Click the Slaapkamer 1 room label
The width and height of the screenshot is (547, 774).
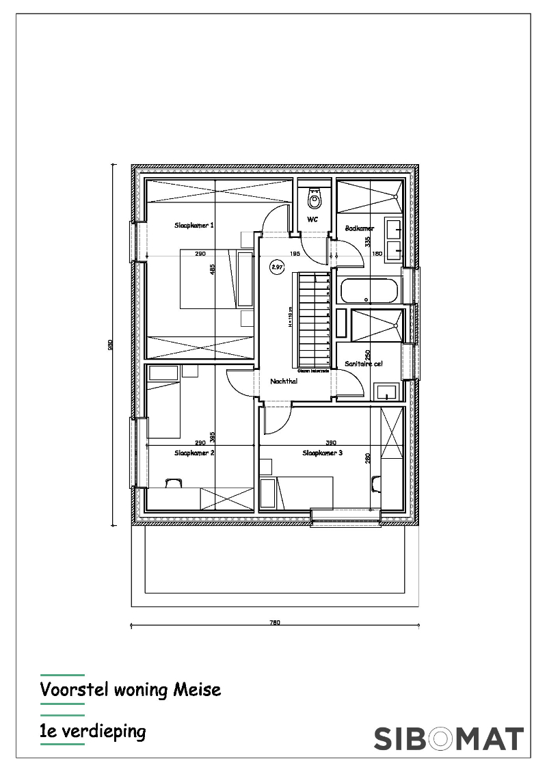[x=195, y=225]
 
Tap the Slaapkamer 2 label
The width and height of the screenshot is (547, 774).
[x=195, y=453]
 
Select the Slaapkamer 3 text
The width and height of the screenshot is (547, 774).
[x=323, y=453]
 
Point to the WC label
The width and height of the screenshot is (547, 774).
[x=312, y=219]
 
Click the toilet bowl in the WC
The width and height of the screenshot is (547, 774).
[x=314, y=200]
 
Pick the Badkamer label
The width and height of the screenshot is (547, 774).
[x=360, y=228]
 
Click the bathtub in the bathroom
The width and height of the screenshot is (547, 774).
[x=368, y=291]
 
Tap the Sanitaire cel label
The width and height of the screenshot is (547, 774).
[x=364, y=364]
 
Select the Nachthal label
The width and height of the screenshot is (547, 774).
[x=284, y=381]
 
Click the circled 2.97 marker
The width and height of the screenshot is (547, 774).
[x=277, y=267]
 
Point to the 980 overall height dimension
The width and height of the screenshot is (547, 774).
[x=111, y=345]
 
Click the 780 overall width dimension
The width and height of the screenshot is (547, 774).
[x=275, y=623]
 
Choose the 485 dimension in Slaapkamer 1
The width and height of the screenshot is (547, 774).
[x=213, y=269]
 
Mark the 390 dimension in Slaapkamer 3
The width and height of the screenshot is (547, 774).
[x=330, y=442]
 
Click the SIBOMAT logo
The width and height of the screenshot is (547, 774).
[x=449, y=738]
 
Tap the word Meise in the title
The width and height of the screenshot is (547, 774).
[x=198, y=689]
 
